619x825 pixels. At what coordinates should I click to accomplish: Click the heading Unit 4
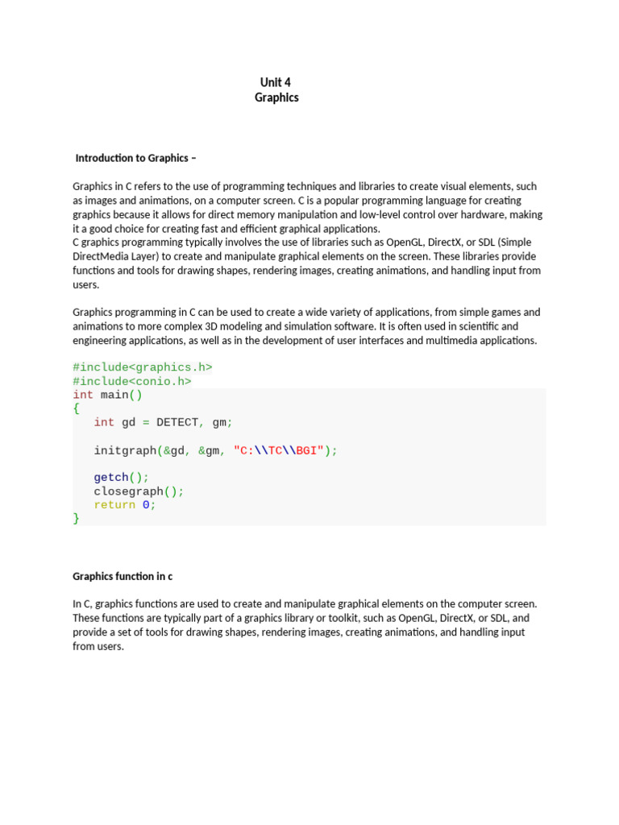(276, 82)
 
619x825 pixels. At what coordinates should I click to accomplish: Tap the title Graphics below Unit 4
(276, 97)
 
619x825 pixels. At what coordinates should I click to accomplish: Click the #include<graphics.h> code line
(143, 367)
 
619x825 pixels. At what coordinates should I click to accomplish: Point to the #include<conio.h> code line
(132, 381)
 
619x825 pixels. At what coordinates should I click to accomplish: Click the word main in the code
(114, 395)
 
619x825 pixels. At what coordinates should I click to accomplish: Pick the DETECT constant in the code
(177, 422)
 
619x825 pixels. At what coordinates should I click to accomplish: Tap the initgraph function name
(125, 450)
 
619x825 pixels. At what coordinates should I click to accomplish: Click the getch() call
(122, 478)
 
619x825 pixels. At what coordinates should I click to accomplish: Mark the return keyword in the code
(114, 505)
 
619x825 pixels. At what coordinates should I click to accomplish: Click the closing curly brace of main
(77, 519)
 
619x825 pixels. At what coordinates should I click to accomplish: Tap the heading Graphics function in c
(123, 576)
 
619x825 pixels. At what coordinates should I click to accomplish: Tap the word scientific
(473, 326)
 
